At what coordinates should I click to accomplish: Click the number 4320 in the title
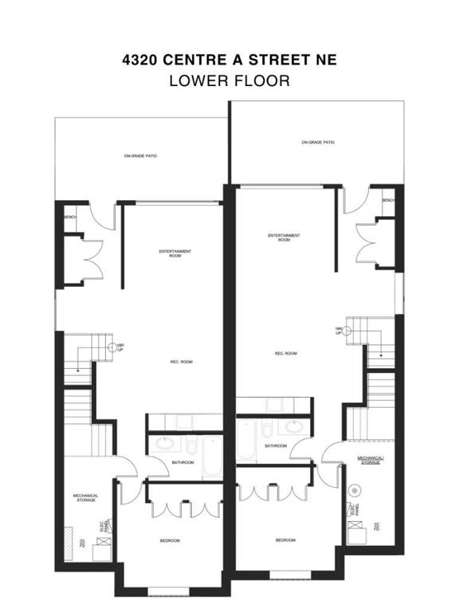pos(142,59)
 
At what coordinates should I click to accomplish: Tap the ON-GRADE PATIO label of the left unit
pos(141,156)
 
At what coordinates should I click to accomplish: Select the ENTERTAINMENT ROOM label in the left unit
pos(175,254)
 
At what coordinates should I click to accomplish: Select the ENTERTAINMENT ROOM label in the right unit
pos(284,237)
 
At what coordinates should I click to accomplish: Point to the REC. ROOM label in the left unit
pos(180,362)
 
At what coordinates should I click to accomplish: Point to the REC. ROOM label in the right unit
pos(285,353)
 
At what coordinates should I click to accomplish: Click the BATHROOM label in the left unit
pos(182,462)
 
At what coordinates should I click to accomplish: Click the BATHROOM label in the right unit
pos(276,445)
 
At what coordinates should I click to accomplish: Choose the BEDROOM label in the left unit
pos(170,541)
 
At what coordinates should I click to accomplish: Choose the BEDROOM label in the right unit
pos(286,540)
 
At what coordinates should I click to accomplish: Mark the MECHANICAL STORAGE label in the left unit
pos(85,498)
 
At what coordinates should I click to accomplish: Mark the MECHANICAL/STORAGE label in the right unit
pos(369,461)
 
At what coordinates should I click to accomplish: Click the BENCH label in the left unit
pos(70,215)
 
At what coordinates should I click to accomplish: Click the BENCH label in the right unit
pos(388,200)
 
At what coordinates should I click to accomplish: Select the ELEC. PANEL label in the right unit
pos(353,509)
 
